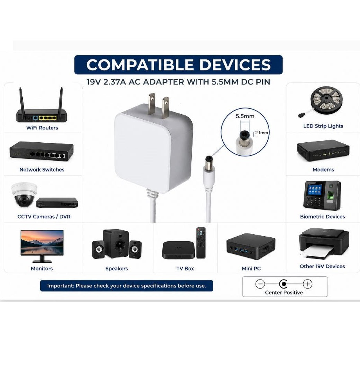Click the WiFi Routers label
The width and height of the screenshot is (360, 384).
pyautogui.click(x=42, y=127)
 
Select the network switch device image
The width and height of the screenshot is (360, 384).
pyautogui.click(x=41, y=151)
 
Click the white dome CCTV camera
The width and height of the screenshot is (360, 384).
pyautogui.click(x=24, y=195)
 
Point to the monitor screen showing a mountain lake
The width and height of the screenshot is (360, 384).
pyautogui.click(x=42, y=243)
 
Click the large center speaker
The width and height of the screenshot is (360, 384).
pyautogui.click(x=116, y=243)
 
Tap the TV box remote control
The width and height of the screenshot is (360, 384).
pyautogui.click(x=201, y=243)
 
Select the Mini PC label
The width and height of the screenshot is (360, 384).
pyautogui.click(x=251, y=268)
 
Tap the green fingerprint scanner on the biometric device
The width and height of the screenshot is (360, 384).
pyautogui.click(x=331, y=196)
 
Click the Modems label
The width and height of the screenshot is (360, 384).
pyautogui.click(x=323, y=169)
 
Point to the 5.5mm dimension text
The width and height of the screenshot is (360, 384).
pyautogui.click(x=245, y=116)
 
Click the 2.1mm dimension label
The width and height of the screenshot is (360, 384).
pyautogui.click(x=261, y=133)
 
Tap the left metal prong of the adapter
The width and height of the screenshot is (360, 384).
pyautogui.click(x=152, y=103)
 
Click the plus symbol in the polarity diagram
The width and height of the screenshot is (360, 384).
pyautogui.click(x=308, y=284)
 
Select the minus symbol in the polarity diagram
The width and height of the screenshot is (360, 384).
pyautogui.click(x=260, y=284)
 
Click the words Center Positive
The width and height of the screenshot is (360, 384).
pyautogui.click(x=284, y=292)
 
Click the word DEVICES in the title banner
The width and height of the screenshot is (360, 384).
pyautogui.click(x=235, y=65)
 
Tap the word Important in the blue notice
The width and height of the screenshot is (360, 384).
pyautogui.click(x=61, y=286)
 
